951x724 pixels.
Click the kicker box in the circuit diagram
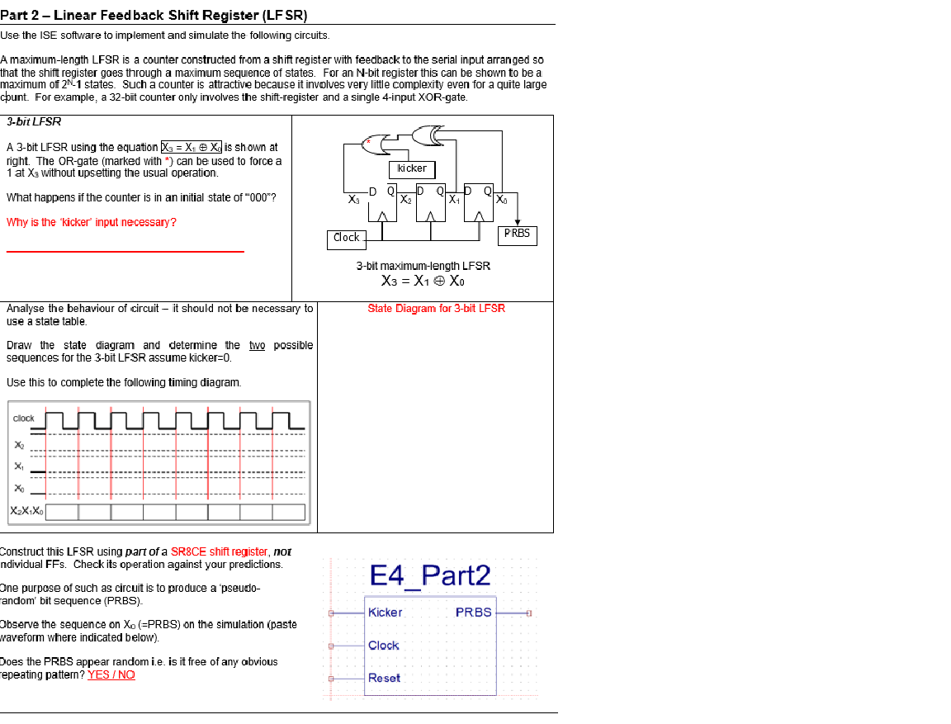click(x=412, y=169)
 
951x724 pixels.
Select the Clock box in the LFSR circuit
click(x=346, y=238)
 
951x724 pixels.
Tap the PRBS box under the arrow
click(x=518, y=234)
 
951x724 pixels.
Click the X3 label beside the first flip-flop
click(x=354, y=200)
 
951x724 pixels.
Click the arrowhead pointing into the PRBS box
click(x=518, y=221)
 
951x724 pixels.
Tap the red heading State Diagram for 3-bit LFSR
click(x=436, y=309)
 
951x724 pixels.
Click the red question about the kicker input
click(x=91, y=222)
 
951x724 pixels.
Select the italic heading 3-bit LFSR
click(x=34, y=122)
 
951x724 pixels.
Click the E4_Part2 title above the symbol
click(x=430, y=575)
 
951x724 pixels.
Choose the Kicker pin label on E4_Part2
click(x=385, y=613)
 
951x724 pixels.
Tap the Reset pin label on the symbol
click(x=384, y=678)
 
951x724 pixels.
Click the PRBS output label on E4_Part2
click(x=473, y=613)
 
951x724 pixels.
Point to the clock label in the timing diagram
click(x=24, y=419)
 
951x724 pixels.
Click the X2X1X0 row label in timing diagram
click(x=26, y=512)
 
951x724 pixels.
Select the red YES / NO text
click(x=111, y=674)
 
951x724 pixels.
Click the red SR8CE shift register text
click(x=219, y=551)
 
